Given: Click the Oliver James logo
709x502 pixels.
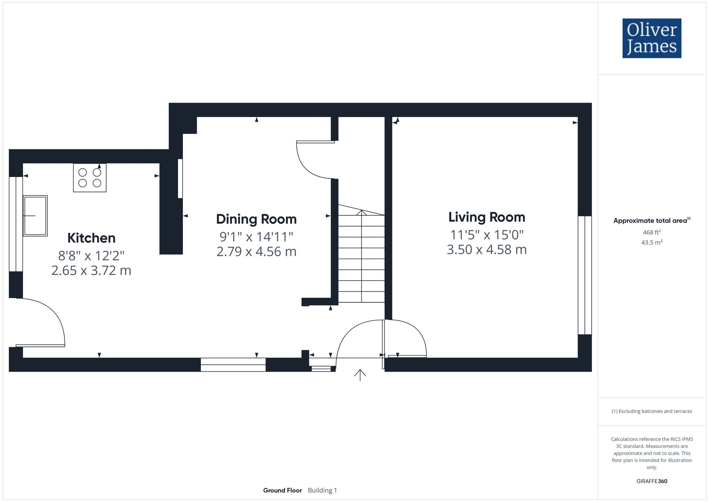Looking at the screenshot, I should click(x=652, y=38).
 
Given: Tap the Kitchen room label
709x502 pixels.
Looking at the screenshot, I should click(x=91, y=238).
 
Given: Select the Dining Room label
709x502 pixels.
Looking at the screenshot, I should click(x=256, y=219).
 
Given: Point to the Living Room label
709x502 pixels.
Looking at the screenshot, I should click(x=486, y=217).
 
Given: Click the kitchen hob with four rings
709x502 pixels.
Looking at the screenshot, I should click(x=90, y=178).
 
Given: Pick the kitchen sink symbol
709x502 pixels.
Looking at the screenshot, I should click(x=35, y=215).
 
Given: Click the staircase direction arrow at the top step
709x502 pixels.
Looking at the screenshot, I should click(x=361, y=213).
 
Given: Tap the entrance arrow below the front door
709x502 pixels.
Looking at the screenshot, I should click(x=360, y=375).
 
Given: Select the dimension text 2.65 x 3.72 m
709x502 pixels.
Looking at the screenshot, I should click(x=91, y=270).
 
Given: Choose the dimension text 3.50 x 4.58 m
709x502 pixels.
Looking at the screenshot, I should click(x=486, y=249).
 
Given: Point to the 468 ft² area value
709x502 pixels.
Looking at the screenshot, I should click(x=652, y=232).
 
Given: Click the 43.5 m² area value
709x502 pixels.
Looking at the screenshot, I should click(x=652, y=243).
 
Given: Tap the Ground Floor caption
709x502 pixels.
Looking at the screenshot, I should click(x=282, y=490).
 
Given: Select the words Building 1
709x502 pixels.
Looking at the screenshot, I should click(x=322, y=490).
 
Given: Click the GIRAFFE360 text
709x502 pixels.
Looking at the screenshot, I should click(x=652, y=481).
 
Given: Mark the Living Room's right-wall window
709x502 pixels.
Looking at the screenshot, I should click(x=585, y=275).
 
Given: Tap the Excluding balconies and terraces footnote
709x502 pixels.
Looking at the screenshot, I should click(x=652, y=411).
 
